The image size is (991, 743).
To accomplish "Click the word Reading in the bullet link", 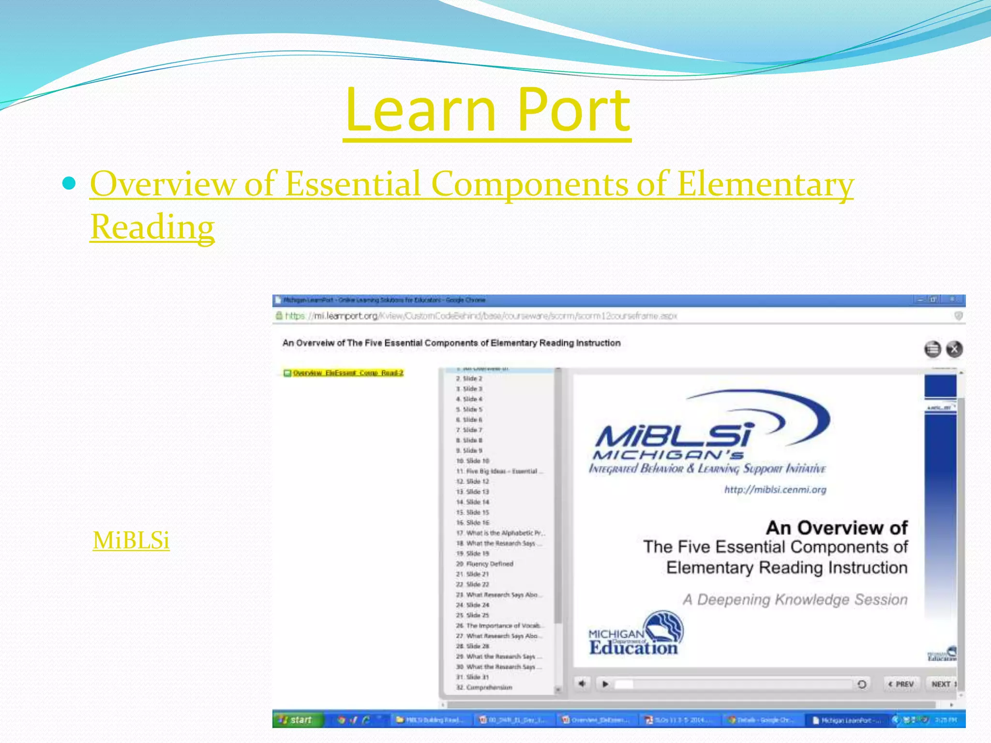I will [x=152, y=227].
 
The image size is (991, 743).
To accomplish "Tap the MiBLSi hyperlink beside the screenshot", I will [x=131, y=540].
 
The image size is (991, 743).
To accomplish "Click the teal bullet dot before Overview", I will [x=70, y=183].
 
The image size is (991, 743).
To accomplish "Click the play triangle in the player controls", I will [x=605, y=684].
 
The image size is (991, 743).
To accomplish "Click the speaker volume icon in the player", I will [x=582, y=684].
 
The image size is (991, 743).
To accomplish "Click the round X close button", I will [x=954, y=349].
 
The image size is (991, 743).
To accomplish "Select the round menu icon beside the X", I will [x=932, y=349].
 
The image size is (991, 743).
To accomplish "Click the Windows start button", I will [x=296, y=720].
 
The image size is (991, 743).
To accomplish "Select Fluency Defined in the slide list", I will [x=489, y=564].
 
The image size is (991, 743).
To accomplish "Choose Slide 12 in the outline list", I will [x=477, y=481].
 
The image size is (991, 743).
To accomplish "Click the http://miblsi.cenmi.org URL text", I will [x=775, y=490].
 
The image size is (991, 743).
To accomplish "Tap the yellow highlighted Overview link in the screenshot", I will [x=347, y=373].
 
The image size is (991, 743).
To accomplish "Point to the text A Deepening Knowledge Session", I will [x=795, y=599].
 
